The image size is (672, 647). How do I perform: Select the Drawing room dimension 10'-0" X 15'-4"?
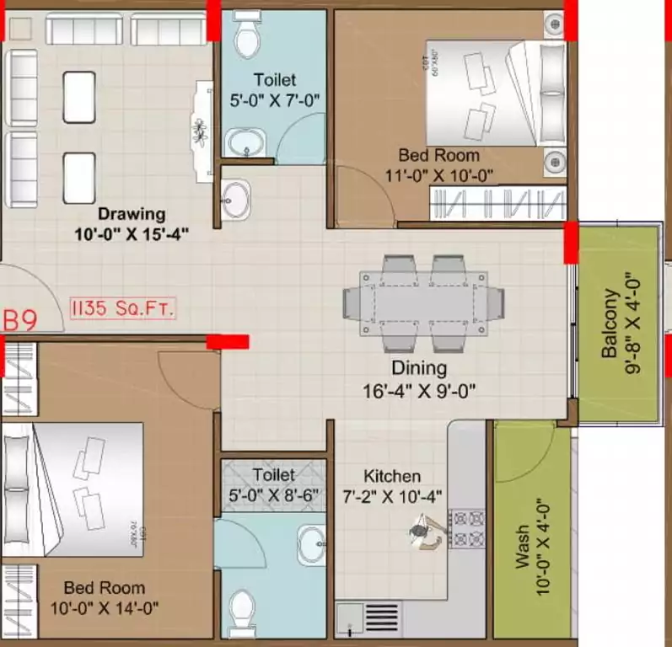(130, 235)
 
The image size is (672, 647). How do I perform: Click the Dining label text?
(419, 368)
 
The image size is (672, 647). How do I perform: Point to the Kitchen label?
(392, 476)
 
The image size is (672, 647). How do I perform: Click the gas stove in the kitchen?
(468, 528)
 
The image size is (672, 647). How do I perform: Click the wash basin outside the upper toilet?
(236, 200)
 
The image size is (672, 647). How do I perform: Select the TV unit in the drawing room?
(203, 131)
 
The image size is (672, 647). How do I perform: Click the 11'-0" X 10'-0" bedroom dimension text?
(445, 175)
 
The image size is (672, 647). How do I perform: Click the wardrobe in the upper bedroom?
(497, 203)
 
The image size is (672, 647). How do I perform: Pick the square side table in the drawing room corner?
(20, 28)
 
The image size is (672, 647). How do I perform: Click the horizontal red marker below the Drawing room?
(228, 341)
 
